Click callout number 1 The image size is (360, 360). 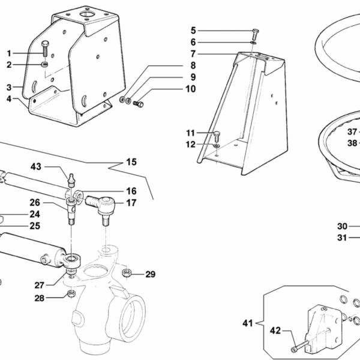click(x=9, y=53)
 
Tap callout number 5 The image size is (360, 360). click(x=194, y=30)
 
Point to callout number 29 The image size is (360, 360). click(x=150, y=275)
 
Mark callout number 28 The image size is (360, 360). click(x=38, y=298)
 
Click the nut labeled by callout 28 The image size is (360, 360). click(x=70, y=293)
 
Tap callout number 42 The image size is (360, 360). click(x=275, y=329)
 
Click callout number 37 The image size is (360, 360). click(x=352, y=131)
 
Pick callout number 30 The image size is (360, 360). click(x=342, y=226)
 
